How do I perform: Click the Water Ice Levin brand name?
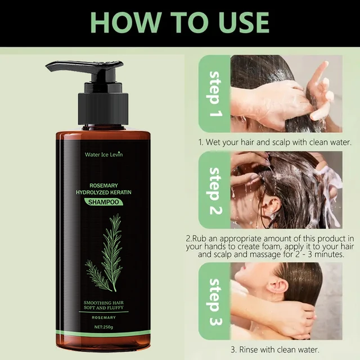[103, 154]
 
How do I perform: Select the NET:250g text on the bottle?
[103, 327]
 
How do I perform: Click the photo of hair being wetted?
[286, 93]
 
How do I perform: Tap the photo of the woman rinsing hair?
[286, 301]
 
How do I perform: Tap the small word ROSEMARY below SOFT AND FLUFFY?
[103, 317]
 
